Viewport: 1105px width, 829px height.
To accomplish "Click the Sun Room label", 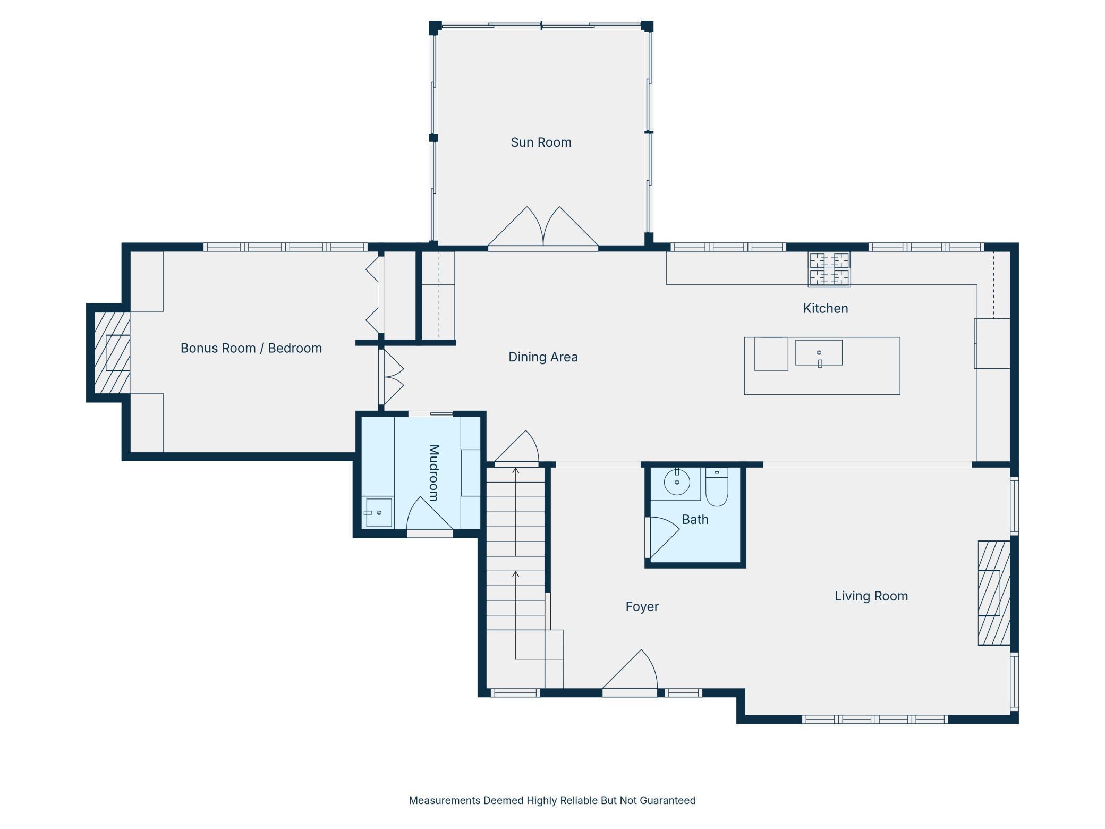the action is click(x=541, y=142).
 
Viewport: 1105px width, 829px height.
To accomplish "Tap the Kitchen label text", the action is click(x=825, y=308).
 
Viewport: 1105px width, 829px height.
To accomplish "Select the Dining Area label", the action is click(x=543, y=357).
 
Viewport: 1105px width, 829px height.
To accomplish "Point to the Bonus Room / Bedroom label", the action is click(x=251, y=348).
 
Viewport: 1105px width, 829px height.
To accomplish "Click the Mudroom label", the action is click(x=433, y=473).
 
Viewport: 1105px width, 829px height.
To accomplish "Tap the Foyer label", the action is click(x=642, y=606).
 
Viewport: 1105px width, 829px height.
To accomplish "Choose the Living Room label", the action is click(x=871, y=596).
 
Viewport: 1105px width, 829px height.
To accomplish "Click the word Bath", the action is click(x=695, y=519).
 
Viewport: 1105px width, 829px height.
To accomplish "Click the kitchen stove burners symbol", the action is click(x=829, y=269).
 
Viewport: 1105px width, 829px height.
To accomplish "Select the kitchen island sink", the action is click(x=819, y=353).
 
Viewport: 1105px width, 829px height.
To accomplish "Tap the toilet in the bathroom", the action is click(x=717, y=487).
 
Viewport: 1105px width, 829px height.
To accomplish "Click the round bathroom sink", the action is click(x=677, y=483).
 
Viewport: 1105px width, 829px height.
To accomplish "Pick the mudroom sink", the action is click(x=379, y=513).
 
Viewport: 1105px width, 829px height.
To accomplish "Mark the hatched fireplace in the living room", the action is click(x=994, y=593).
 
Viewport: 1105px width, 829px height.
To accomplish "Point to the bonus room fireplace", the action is click(x=112, y=353).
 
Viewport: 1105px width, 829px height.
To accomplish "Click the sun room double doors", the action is click(x=543, y=227).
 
